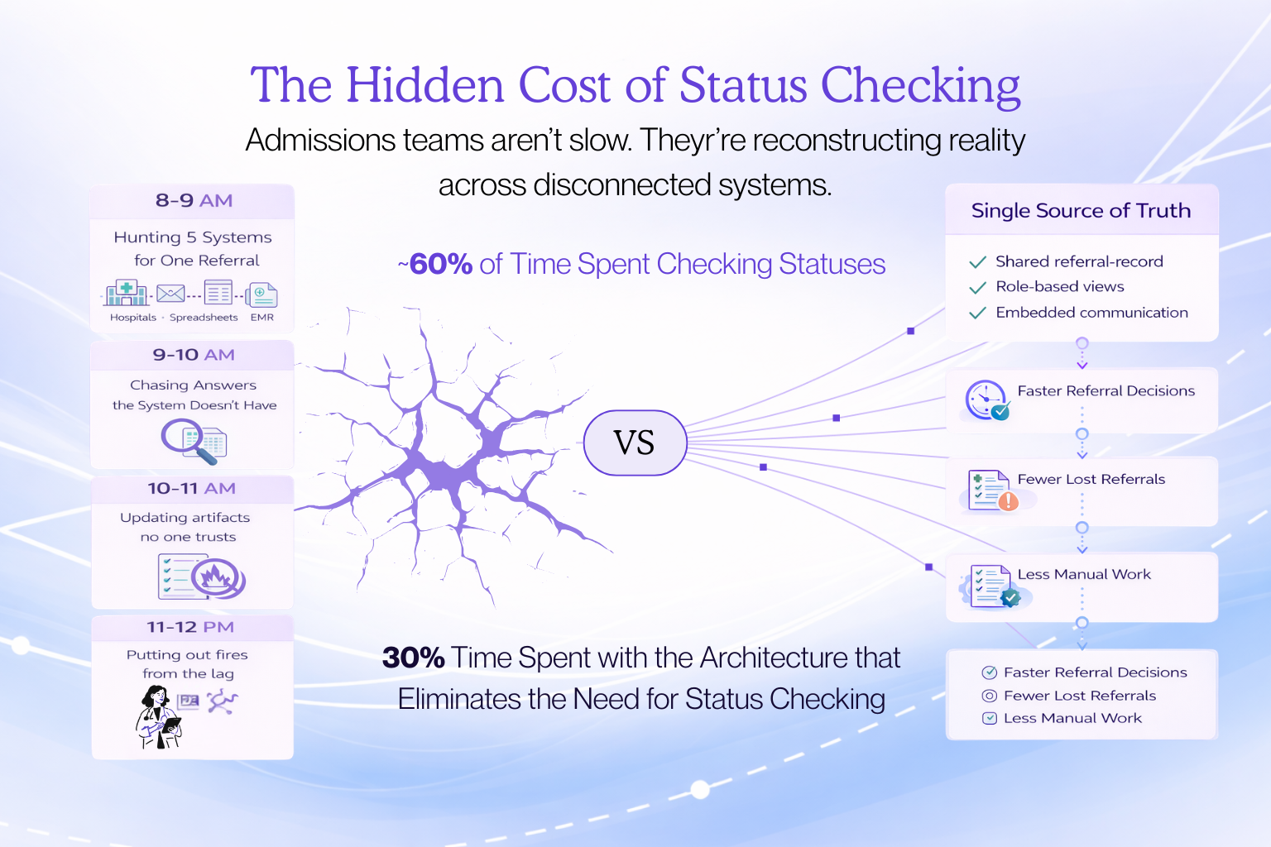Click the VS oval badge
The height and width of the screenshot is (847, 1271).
pyautogui.click(x=635, y=443)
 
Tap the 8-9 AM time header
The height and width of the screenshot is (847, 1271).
pyautogui.click(x=194, y=201)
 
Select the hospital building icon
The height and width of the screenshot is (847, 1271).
pyautogui.click(x=127, y=293)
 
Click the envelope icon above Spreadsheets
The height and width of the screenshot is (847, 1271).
pyautogui.click(x=170, y=293)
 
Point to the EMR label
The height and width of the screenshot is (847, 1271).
pyautogui.click(x=261, y=318)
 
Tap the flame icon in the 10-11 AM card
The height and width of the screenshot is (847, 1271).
pyautogui.click(x=216, y=576)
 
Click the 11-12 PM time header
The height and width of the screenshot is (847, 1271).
pyautogui.click(x=190, y=627)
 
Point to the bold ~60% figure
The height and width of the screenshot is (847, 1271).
pyautogui.click(x=439, y=264)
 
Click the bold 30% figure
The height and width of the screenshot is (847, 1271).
pyautogui.click(x=414, y=658)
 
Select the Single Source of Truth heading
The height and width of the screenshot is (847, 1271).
pyautogui.click(x=1081, y=211)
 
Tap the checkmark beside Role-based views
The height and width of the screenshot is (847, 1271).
pyautogui.click(x=977, y=287)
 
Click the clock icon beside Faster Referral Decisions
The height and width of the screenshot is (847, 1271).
pyautogui.click(x=985, y=400)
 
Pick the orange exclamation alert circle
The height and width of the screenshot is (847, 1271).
pyautogui.click(x=1008, y=500)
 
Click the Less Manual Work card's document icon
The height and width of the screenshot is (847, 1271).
pyautogui.click(x=990, y=586)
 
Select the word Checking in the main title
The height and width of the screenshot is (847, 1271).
pyautogui.click(x=920, y=85)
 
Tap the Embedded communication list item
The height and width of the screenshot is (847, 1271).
pyautogui.click(x=1091, y=313)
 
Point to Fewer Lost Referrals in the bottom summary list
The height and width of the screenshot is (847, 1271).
pyautogui.click(x=1079, y=696)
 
